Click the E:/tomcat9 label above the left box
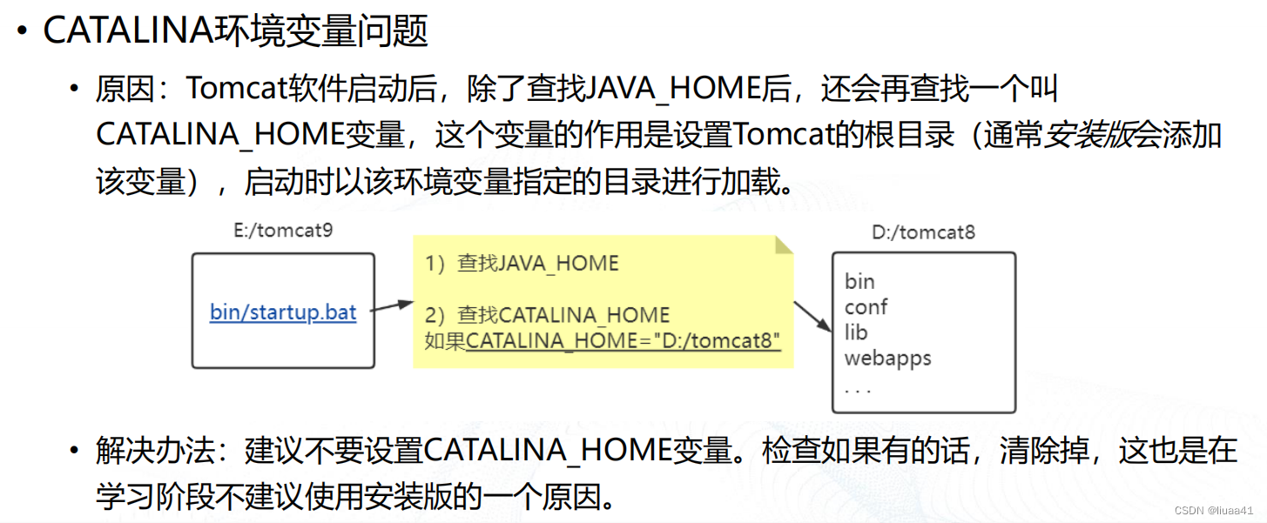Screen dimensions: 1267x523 283,231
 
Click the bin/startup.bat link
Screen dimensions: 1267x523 283,312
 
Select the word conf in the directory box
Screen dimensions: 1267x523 866,306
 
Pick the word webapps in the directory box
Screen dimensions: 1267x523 887,358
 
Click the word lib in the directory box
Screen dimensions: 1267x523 856,332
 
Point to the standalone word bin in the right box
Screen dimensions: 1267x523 859,281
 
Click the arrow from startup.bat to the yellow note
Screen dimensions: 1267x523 393,305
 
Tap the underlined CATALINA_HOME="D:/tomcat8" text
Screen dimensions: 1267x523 623,340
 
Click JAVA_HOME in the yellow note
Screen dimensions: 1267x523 559,264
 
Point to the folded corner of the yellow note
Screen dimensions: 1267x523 784,245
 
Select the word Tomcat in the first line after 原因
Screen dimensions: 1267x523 229,88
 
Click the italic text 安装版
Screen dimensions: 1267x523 1089,135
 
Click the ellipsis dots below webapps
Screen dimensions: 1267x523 858,389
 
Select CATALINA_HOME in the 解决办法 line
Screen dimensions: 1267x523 548,451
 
